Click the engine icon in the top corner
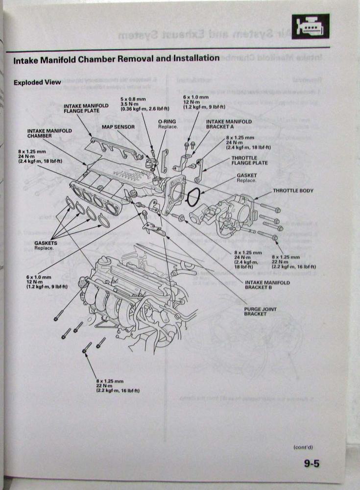click(311, 26)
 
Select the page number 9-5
click(311, 463)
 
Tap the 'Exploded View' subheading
click(37, 82)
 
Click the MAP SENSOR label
click(118, 126)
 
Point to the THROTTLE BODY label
click(293, 191)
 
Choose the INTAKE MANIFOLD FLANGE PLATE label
click(86, 108)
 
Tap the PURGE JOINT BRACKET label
click(255, 311)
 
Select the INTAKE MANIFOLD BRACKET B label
click(267, 285)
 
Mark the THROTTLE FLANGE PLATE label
click(250, 161)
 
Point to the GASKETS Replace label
click(46, 245)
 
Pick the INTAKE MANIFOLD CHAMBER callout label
click(49, 133)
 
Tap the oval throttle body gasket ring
click(193, 198)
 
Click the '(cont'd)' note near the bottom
click(303, 447)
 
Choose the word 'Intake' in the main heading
click(27, 60)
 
